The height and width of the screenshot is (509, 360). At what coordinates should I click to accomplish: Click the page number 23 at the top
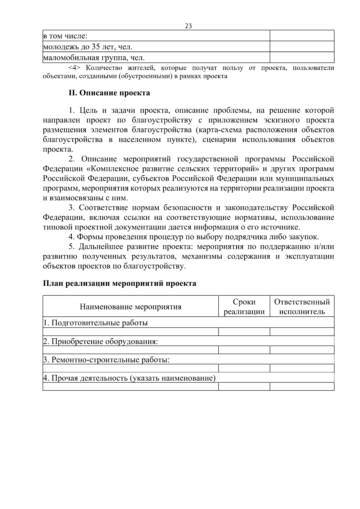[188, 26]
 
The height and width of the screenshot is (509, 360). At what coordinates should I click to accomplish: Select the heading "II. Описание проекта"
[109, 93]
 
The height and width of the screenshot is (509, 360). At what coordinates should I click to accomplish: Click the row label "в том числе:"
[65, 36]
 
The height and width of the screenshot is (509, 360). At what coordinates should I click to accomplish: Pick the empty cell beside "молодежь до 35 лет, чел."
[302, 46]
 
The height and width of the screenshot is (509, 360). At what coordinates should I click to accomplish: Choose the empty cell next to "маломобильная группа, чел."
[302, 57]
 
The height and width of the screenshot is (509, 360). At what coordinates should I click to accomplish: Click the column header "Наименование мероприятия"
[130, 307]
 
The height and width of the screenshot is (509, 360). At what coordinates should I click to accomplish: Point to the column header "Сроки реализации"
[244, 307]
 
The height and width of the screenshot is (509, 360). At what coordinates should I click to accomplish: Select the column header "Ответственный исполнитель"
[302, 307]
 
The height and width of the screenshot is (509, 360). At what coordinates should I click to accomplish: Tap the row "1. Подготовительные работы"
[96, 323]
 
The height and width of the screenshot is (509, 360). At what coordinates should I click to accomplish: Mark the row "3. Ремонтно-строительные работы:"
[106, 360]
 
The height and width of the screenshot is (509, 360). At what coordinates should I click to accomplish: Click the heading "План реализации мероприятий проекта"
[120, 283]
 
